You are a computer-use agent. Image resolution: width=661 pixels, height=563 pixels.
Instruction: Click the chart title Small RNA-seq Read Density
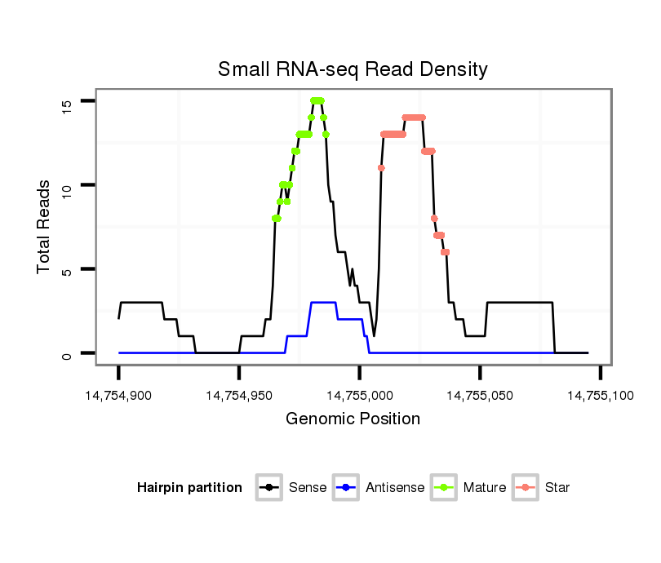coord(353,69)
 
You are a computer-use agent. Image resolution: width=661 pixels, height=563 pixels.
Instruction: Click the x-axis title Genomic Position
coord(353,419)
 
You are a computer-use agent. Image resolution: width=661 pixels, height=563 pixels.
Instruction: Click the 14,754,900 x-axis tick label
coord(118,396)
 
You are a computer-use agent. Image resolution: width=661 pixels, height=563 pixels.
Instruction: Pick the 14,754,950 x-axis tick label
coord(238,396)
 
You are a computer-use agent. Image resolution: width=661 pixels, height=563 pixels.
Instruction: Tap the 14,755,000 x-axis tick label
coord(359,396)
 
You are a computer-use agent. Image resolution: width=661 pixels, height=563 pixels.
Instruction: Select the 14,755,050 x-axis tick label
coord(480,396)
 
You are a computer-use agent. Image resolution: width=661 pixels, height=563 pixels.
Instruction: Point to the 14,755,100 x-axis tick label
coord(600,396)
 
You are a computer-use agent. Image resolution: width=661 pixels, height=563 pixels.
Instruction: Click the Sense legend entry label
coord(308,488)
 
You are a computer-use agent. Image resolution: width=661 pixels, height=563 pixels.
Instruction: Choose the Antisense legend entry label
coord(395,488)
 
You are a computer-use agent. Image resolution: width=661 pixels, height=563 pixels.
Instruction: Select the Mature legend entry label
coord(485,488)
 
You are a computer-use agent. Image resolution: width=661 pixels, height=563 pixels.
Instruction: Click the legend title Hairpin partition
coord(190,488)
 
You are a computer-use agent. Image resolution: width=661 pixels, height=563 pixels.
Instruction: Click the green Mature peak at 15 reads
coord(317,100)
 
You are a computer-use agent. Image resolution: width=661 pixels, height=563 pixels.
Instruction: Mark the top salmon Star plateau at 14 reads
coord(414,117)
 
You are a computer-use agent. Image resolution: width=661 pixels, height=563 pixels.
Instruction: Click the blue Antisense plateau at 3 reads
coord(323,303)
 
